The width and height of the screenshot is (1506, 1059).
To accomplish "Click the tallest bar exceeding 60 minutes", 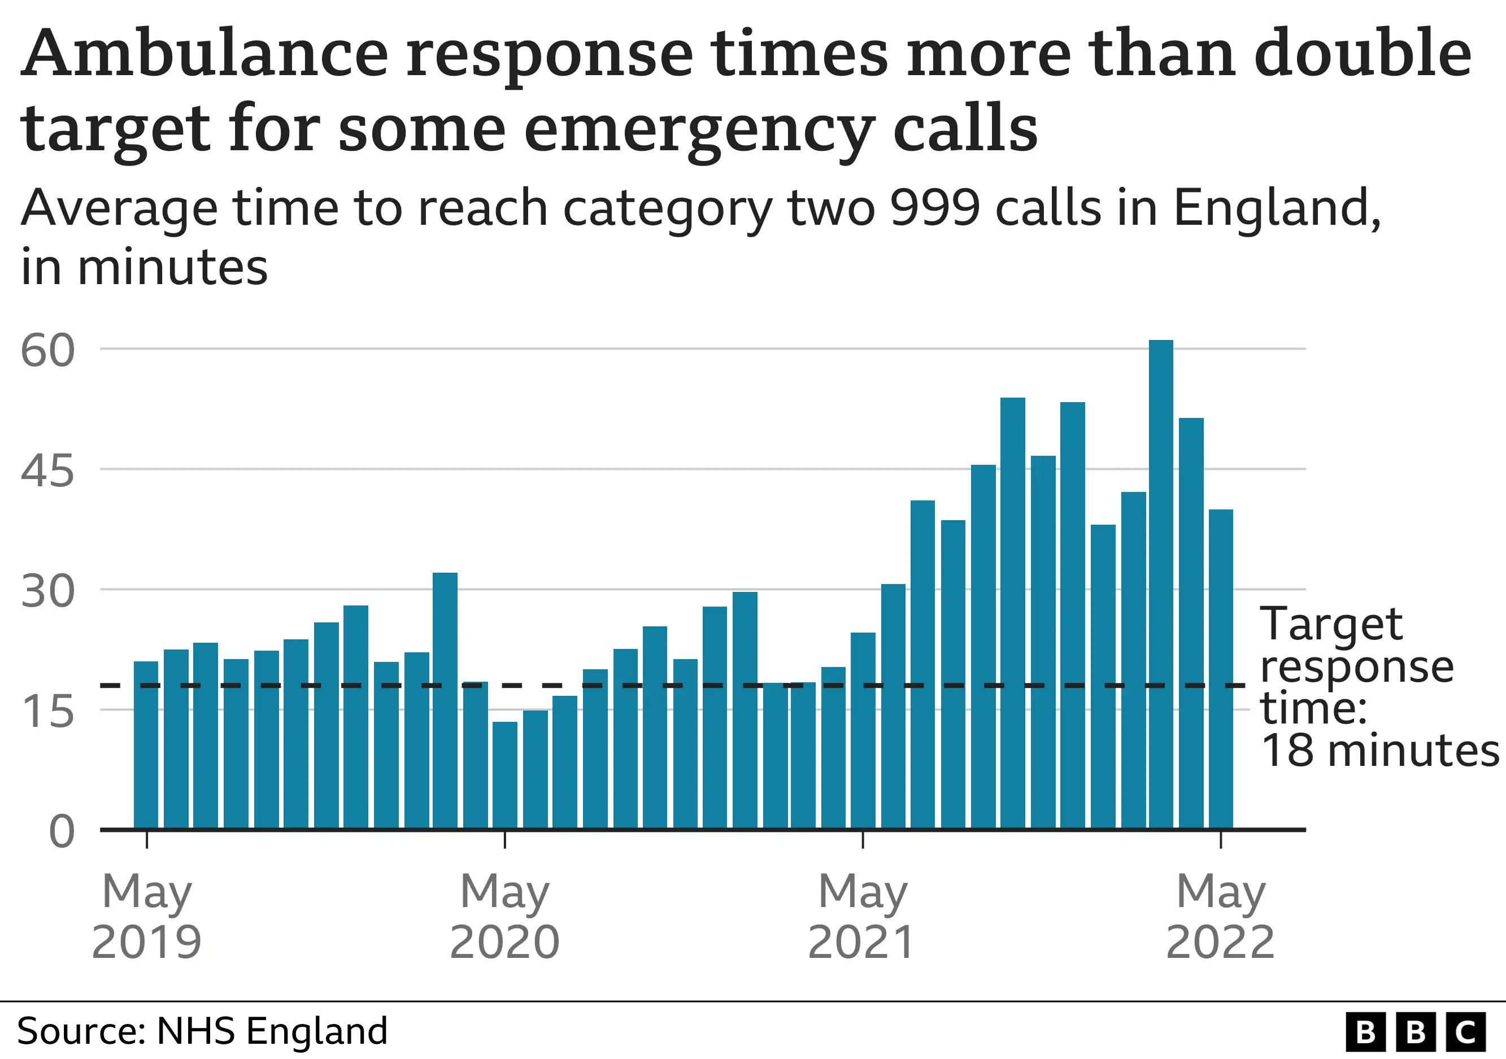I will click(x=1160, y=583).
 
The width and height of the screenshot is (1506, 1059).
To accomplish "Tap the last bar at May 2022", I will click(x=1221, y=669).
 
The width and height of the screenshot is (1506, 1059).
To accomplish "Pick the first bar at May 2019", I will click(x=146, y=745).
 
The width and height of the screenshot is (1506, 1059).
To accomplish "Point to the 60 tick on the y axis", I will click(x=47, y=350).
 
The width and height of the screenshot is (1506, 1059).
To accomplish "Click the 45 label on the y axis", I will click(x=47, y=471).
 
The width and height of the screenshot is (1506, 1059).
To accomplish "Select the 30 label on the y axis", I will click(x=47, y=591).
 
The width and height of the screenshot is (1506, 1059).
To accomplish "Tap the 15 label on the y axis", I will click(x=47, y=712).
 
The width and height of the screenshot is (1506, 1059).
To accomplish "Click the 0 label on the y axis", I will click(x=62, y=831).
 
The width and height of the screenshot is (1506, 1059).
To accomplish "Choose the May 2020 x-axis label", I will click(x=504, y=917).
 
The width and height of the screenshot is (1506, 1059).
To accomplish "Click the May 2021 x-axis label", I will click(x=862, y=917).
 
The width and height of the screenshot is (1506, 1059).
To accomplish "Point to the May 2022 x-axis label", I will click(x=1220, y=917).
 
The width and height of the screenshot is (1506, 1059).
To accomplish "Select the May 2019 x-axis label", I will click(x=146, y=917).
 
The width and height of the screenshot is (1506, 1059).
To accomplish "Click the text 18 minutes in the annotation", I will click(x=1379, y=750).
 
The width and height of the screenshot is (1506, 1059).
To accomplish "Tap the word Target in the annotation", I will click(x=1331, y=624).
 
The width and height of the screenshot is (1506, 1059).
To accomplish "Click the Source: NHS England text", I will click(x=202, y=1030).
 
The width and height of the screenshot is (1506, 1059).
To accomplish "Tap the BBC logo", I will click(x=1415, y=1032).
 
